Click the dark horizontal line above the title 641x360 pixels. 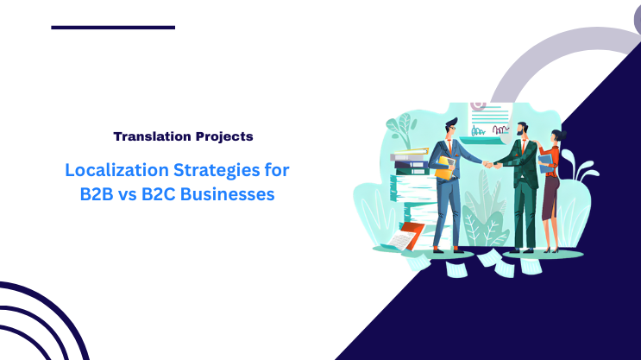coord(113,28)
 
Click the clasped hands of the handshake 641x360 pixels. coord(487,164)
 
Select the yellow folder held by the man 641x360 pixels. coord(443,167)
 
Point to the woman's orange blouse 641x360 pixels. coord(552,160)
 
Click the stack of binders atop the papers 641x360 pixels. coord(410,161)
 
